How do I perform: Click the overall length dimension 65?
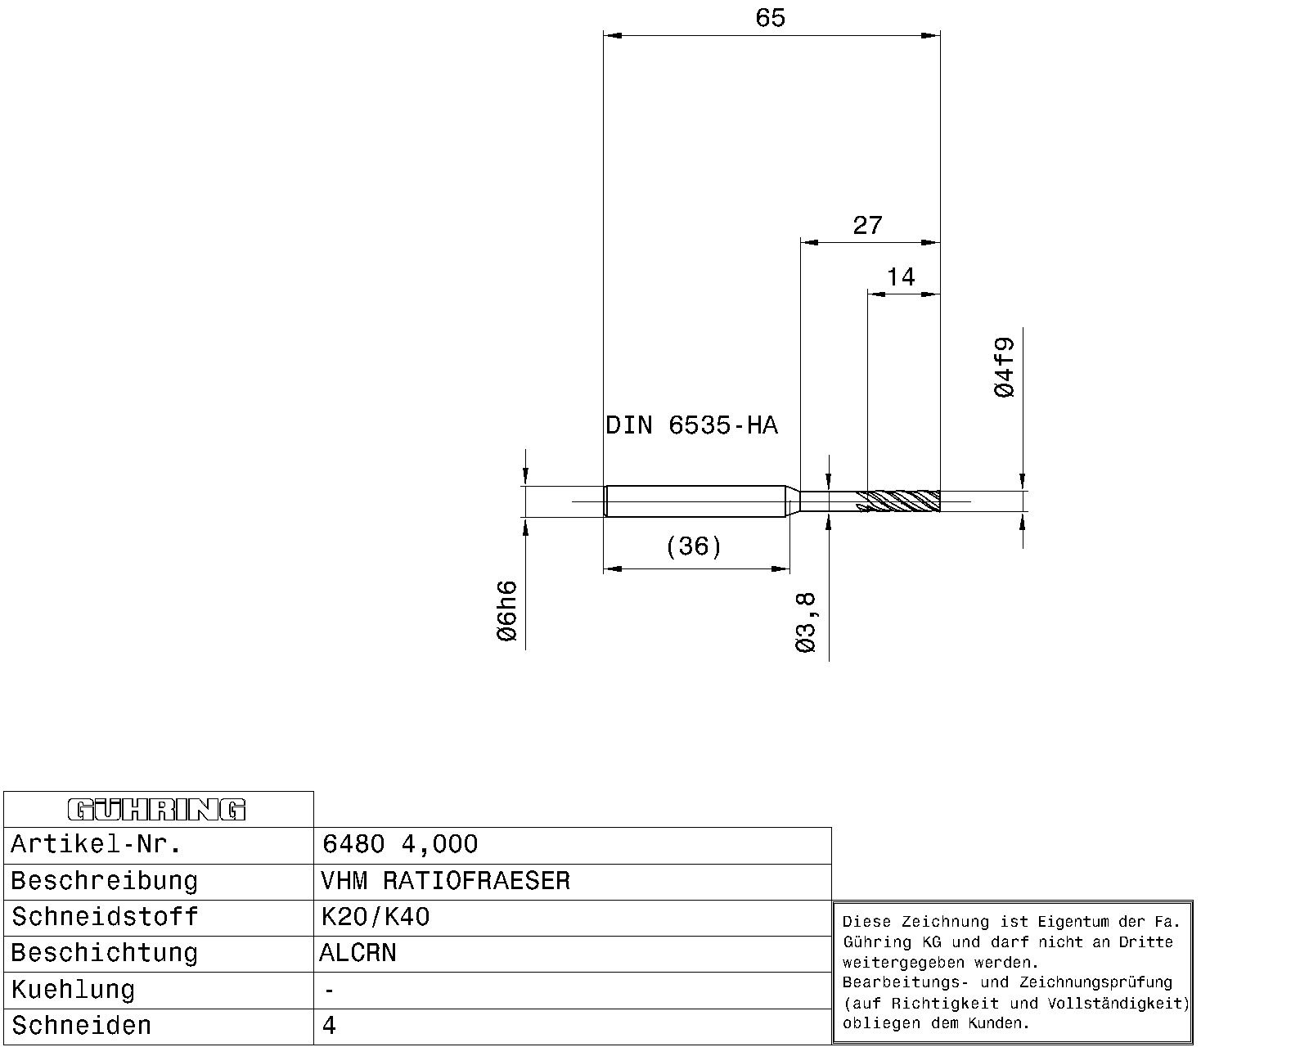coord(770,18)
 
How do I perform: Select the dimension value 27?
coord(867,226)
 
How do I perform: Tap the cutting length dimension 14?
coord(901,277)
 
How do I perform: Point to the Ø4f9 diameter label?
coord(1005,367)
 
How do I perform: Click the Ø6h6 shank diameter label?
coord(506,611)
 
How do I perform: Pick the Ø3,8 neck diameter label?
coord(805,623)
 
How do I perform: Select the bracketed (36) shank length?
coord(694,546)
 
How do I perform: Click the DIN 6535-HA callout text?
coord(691,425)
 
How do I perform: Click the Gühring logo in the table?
coord(157,810)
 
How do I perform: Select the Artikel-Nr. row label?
coord(96,844)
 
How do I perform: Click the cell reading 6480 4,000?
coord(399,844)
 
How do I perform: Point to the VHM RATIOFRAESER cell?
coord(445,881)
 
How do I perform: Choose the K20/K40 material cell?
coord(376,917)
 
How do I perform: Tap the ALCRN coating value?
coord(358,953)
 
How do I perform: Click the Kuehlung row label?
coord(73,990)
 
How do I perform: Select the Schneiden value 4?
coord(328,1026)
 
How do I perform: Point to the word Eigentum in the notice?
coord(1073,922)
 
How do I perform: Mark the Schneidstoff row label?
coord(105,917)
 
